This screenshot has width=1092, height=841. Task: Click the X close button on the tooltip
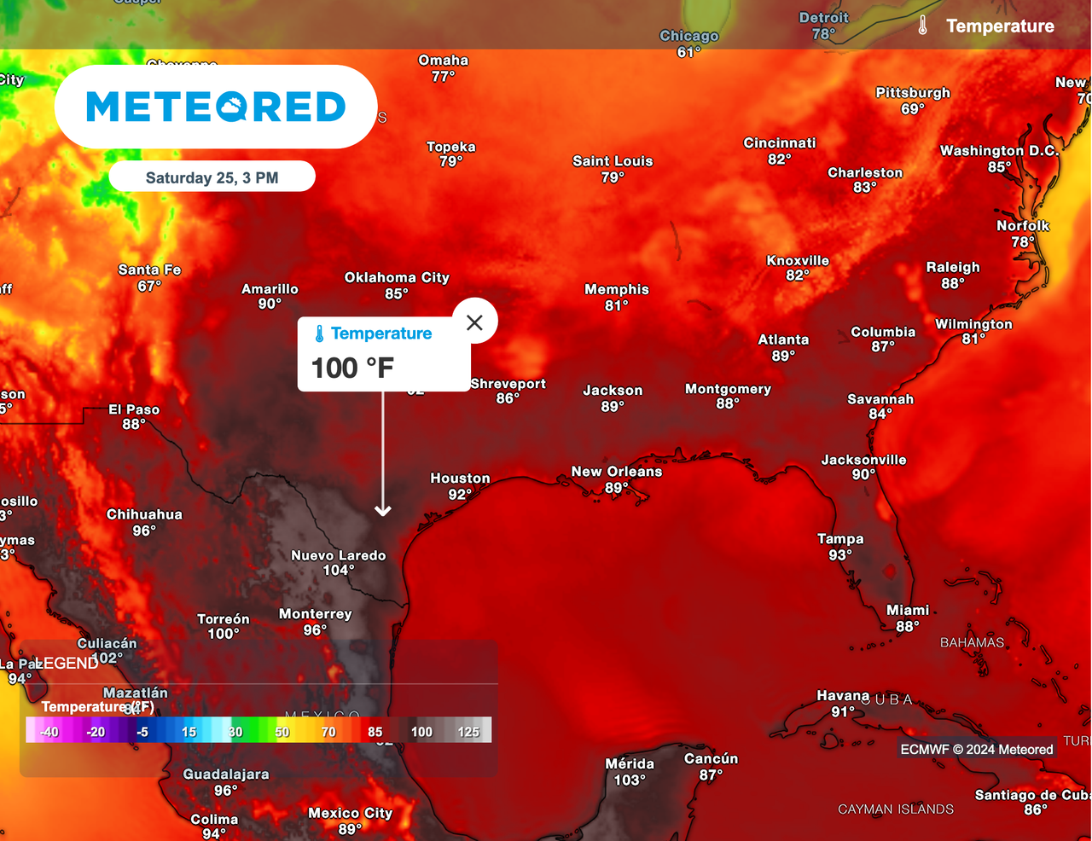474,322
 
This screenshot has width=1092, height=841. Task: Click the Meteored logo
216,107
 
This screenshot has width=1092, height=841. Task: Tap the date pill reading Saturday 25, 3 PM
212,177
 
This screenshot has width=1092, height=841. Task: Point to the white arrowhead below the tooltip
383,510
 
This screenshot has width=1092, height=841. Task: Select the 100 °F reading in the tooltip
352,368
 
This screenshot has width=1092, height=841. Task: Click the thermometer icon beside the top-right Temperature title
922,26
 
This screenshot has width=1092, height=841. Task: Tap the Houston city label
460,478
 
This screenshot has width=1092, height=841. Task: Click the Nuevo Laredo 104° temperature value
338,570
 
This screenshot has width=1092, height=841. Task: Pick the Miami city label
908,610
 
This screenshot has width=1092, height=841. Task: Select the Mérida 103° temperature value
630,780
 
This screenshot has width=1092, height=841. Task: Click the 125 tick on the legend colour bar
468,732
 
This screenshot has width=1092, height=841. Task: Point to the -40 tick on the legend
49,732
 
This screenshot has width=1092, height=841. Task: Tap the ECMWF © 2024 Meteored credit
977,749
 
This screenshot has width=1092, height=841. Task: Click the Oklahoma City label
397,277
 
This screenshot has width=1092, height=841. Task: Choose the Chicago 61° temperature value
688,52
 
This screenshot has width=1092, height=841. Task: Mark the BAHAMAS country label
972,642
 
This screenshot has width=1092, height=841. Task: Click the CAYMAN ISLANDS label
896,809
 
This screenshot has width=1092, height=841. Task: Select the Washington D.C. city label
999,151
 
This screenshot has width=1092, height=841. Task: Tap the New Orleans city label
617,472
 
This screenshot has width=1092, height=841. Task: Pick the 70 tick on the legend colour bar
328,732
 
